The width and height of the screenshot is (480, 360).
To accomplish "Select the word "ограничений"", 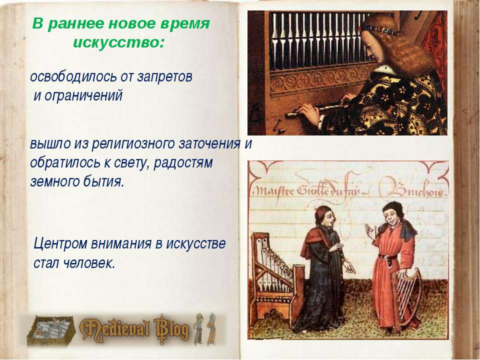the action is pyautogui.click(x=83, y=96).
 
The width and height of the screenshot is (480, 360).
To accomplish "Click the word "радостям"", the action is pyautogui.click(x=183, y=162).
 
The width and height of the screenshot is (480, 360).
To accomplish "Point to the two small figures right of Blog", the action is pyautogui.click(x=205, y=328).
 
